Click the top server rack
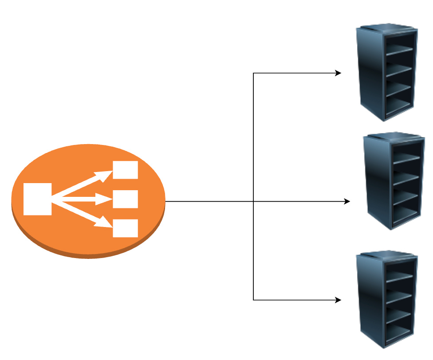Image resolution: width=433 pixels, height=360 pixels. tap(387, 73)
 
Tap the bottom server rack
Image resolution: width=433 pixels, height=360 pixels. tap(387, 300)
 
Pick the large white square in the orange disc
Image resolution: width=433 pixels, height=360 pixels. tap(37, 199)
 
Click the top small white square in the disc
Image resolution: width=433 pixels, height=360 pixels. tap(126, 170)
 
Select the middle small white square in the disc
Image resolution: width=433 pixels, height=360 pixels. tap(126, 199)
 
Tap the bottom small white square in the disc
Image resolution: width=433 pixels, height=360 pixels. tap(126, 228)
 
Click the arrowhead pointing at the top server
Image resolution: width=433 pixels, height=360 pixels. tap(338, 73)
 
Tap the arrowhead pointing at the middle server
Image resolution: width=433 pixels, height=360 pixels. tap(347, 201)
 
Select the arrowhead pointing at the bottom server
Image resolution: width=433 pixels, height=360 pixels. tap(338, 300)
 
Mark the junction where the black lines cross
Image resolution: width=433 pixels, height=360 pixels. tap(253, 201)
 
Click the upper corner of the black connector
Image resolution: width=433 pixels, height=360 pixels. tap(253, 73)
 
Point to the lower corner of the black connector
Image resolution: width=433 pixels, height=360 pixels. tap(253, 300)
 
